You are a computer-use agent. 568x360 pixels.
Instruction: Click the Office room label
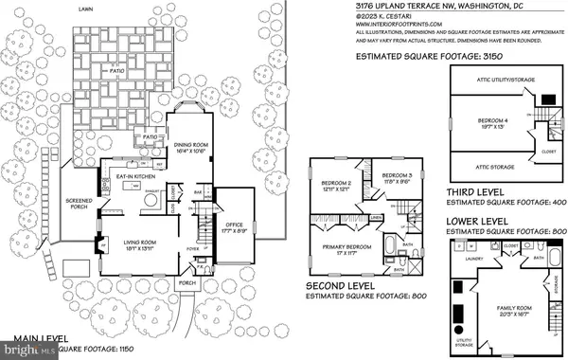(233, 225)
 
